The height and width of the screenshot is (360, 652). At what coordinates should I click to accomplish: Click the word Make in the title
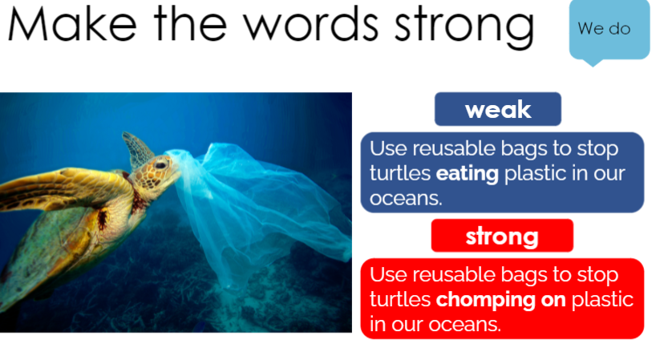point(72,24)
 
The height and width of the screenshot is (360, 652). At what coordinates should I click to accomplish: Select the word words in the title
point(310,24)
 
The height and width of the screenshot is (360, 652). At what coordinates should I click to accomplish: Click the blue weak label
point(498,109)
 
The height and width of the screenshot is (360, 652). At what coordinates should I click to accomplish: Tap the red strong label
point(502,236)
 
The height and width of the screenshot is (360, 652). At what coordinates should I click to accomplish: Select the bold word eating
point(467,174)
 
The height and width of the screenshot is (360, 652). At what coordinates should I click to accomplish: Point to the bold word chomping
point(486,300)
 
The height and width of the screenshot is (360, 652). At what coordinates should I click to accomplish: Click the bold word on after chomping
point(553,300)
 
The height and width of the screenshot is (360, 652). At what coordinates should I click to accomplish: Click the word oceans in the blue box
point(406,198)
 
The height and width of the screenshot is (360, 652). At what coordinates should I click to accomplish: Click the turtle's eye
point(160,165)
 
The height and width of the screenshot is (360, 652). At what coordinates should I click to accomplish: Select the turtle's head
point(156,175)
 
